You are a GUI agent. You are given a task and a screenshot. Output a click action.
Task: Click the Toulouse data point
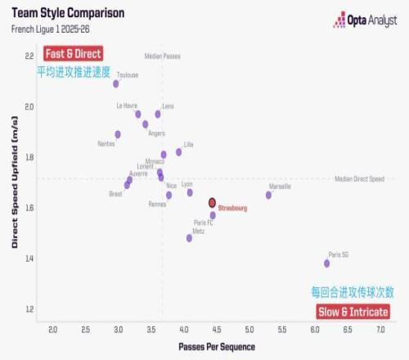[x=116, y=83]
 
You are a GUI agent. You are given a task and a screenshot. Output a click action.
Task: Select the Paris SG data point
[x=326, y=263]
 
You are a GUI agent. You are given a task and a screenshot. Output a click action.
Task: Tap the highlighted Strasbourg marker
[x=212, y=202]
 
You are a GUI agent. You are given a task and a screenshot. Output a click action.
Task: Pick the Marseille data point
[x=268, y=195]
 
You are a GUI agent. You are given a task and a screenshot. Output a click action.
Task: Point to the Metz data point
[x=189, y=238]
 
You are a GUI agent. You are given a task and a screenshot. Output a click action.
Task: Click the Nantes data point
[x=118, y=134]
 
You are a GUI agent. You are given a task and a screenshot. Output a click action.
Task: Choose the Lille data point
[x=178, y=151]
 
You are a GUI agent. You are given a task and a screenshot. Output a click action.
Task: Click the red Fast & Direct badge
[x=74, y=54]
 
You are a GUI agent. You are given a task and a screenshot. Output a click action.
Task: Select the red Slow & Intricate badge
[x=353, y=312]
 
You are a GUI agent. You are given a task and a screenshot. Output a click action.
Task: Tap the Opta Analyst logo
[x=366, y=21]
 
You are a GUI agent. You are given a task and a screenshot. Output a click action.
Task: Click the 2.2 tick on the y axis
[x=29, y=56]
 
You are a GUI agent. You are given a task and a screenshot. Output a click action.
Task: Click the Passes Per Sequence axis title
[x=217, y=347]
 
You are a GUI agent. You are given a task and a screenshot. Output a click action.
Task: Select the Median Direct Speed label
[x=359, y=178]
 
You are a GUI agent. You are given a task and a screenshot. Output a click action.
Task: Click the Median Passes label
[x=162, y=56]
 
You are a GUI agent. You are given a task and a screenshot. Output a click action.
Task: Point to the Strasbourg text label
[x=233, y=209]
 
